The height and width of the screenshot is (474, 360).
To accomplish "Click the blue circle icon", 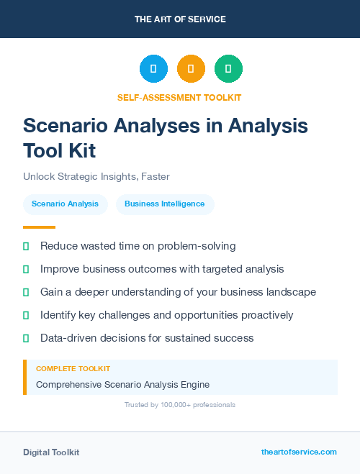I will coord(153,69).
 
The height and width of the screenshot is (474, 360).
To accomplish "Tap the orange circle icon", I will coord(191,69).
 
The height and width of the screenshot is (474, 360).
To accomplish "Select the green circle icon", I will coord(228,69).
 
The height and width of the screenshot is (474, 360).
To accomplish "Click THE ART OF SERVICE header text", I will coord(180,19).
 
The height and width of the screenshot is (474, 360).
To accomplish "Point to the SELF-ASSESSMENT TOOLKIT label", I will coord(179,97).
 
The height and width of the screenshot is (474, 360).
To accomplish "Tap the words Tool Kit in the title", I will coord(59,151).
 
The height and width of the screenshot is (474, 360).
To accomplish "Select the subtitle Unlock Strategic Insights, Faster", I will coord(96,176).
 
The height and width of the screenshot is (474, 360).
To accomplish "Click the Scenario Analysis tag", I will coord(66,204).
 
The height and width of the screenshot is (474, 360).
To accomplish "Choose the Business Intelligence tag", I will coord(165,204).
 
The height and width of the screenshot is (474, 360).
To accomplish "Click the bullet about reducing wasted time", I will coord(138,246).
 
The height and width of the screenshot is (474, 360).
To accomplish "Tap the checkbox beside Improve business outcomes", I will coord(26,269).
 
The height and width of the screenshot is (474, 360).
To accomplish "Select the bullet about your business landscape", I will coord(178,292).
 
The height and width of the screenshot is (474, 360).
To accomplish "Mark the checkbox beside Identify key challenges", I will coord(26,315).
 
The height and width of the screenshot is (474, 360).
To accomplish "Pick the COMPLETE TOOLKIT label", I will coord(73,368).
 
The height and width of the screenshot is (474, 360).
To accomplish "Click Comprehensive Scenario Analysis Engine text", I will coord(123,384).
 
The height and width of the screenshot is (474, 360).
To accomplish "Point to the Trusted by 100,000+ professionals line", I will coord(180,405).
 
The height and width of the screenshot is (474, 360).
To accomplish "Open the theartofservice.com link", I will coord(299,452).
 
